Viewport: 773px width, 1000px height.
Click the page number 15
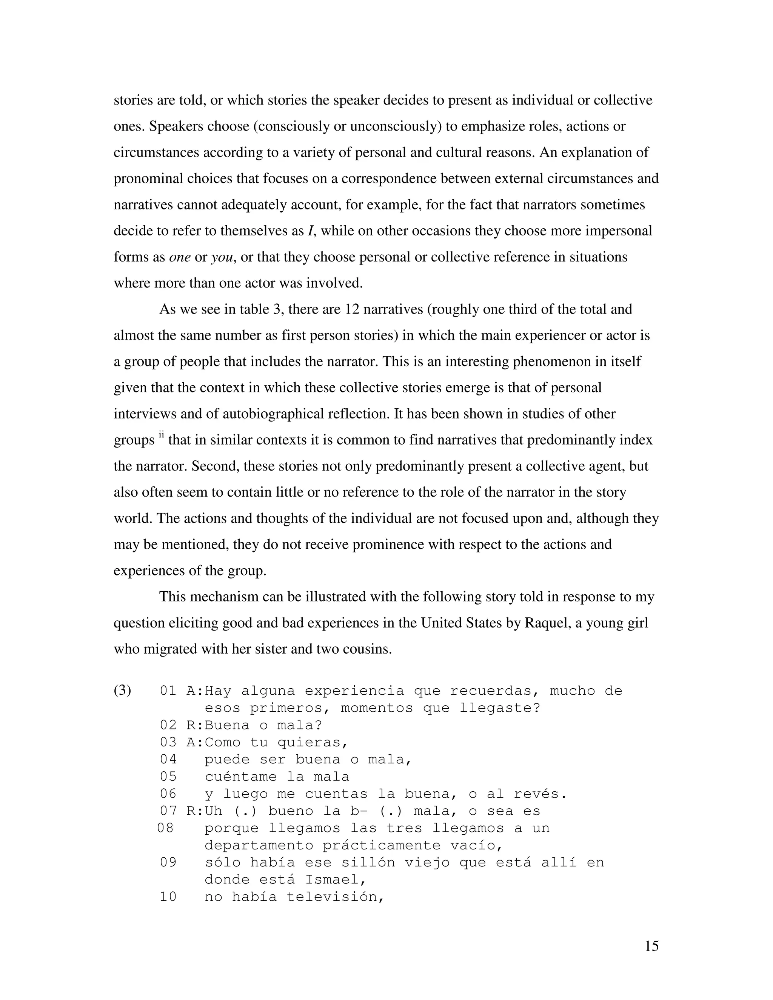pos(651,946)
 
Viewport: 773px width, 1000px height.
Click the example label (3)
pos(122,691)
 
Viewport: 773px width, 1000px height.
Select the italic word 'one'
pos(180,257)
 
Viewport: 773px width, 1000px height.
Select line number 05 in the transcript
pos(168,777)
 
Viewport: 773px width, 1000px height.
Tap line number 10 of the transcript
pos(168,897)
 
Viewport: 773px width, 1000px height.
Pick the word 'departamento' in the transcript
pos(259,845)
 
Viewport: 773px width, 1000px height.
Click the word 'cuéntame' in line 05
pos(240,777)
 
